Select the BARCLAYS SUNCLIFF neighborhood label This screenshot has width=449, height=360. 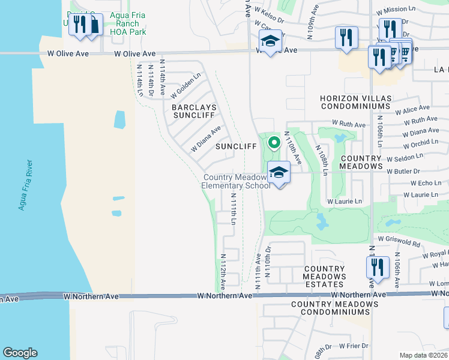[x=194, y=112]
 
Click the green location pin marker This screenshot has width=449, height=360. [x=274, y=143]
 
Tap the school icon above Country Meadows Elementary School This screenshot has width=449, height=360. [x=279, y=173]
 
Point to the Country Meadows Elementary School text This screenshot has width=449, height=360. [x=235, y=181]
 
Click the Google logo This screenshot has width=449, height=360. [x=20, y=353]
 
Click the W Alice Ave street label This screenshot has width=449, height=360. [x=412, y=110]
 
